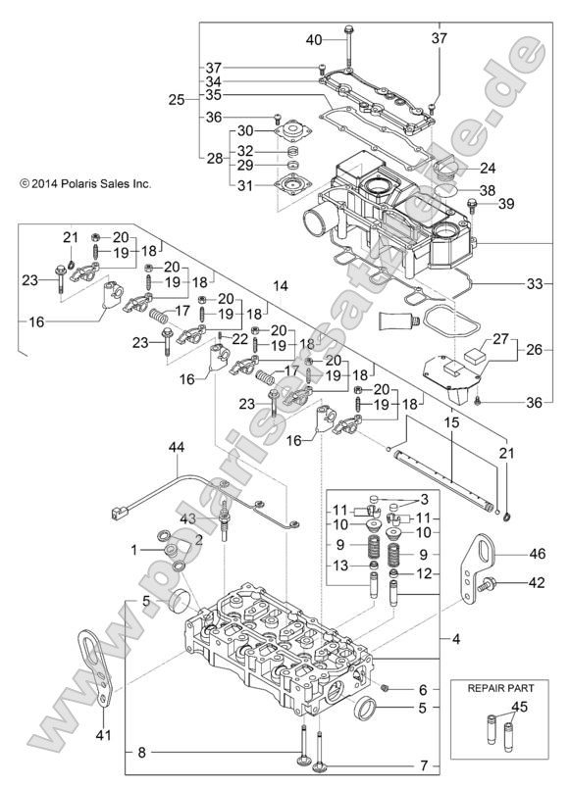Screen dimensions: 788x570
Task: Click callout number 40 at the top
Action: click(314, 40)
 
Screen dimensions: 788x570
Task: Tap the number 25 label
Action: click(177, 100)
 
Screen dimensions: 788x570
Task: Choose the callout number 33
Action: click(534, 284)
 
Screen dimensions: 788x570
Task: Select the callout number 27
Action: click(500, 339)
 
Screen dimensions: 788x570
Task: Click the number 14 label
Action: click(281, 285)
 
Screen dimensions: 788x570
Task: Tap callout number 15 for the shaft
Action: click(452, 423)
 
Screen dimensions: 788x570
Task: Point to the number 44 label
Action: click(177, 447)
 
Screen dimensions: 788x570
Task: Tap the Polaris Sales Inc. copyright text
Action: click(78, 182)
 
